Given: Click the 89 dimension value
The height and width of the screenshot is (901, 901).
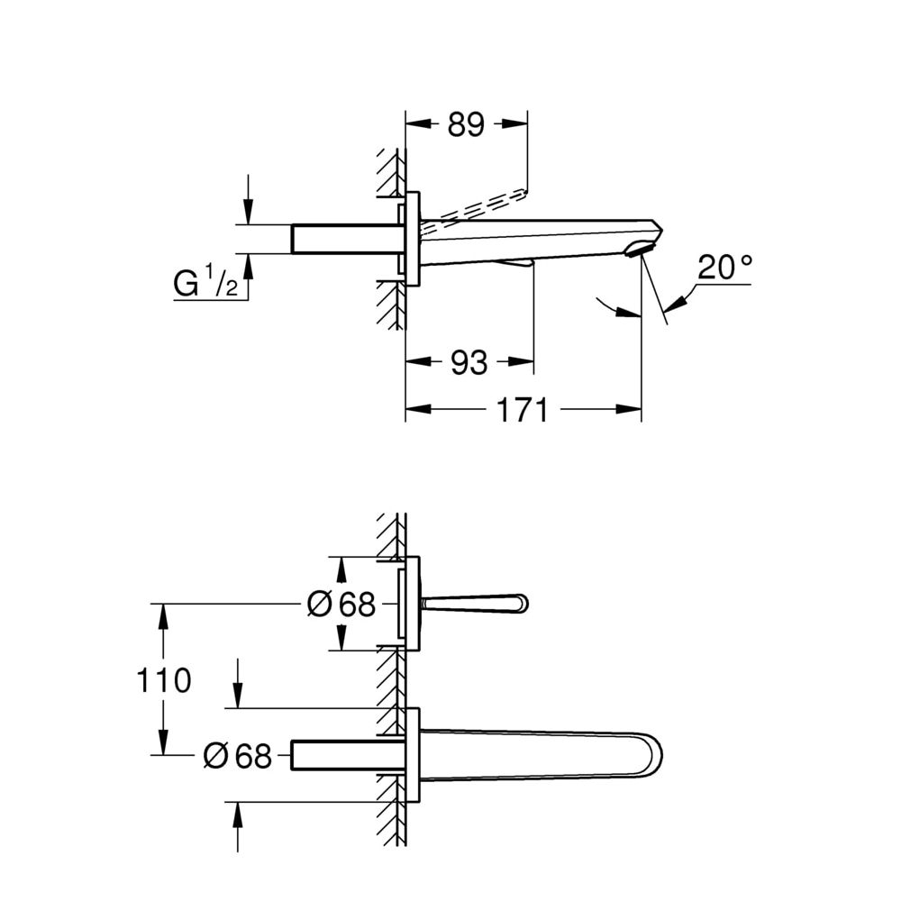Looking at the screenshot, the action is coord(466,124).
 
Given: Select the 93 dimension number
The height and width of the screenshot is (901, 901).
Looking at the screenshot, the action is coord(469,363).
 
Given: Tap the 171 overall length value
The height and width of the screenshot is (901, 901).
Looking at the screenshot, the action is coord(522,410).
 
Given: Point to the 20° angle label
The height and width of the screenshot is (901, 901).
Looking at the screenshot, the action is coord(725,268).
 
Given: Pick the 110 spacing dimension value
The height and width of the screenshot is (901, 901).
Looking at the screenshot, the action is coord(163,680).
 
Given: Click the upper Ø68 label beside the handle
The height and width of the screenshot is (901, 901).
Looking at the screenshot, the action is coord(341,604).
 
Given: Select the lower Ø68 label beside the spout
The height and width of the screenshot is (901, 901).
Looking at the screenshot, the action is coord(237,756).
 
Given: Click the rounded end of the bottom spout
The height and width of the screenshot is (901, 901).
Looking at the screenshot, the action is coord(655,754).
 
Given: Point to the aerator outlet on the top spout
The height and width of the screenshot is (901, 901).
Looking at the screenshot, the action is coord(639,250).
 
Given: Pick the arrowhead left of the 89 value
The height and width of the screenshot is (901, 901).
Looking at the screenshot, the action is coord(418,123).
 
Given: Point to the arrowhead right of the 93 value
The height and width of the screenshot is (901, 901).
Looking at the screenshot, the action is coord(521,361).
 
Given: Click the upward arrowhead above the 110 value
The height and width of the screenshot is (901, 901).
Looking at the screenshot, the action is coord(163,616).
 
